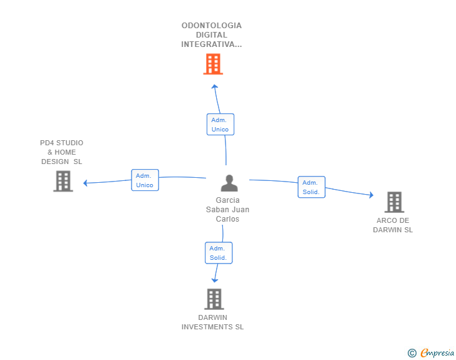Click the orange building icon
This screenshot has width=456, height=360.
point(213,64)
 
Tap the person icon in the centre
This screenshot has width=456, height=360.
point(229,183)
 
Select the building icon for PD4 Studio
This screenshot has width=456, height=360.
point(63,181)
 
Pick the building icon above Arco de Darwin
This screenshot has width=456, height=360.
point(394,202)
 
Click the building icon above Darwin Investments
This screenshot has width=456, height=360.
point(214,299)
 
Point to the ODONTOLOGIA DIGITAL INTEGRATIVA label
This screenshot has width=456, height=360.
point(212,35)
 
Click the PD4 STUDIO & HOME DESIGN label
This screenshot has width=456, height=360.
point(61,152)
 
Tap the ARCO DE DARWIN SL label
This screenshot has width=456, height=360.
point(393,225)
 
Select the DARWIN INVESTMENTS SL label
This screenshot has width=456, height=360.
point(213,322)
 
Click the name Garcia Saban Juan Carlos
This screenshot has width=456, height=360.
point(227,210)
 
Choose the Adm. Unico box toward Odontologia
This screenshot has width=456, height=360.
point(220,125)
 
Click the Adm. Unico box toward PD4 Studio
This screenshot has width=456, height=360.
point(145,180)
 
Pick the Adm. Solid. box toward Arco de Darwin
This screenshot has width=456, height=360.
point(311,187)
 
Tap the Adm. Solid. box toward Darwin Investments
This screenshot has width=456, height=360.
point(218,253)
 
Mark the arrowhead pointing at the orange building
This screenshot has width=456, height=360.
point(214,87)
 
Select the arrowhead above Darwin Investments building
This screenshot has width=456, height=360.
point(215,279)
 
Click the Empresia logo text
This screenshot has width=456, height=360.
point(437,353)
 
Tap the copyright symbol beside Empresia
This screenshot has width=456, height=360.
point(412,353)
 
